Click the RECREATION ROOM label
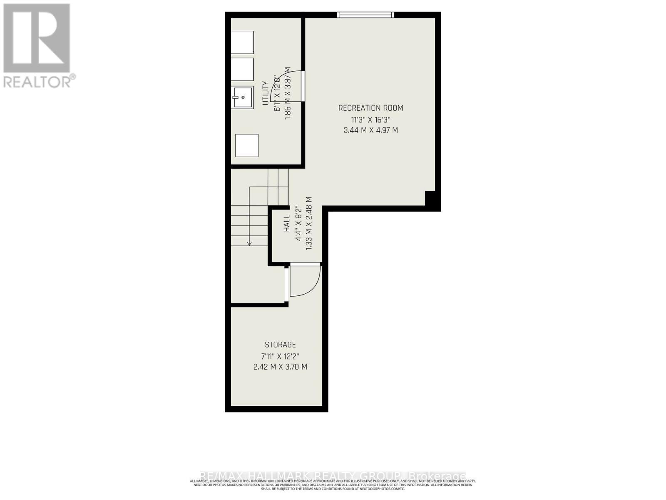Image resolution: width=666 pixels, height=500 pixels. point(370,108)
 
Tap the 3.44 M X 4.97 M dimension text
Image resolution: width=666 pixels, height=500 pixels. point(370,130)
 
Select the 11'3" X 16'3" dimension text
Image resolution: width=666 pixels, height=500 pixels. point(370,120)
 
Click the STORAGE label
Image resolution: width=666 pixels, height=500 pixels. point(280,345)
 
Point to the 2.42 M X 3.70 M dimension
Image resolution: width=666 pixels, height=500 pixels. point(280,367)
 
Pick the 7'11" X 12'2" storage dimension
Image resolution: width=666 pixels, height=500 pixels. point(280,356)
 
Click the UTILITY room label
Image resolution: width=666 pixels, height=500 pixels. point(265,93)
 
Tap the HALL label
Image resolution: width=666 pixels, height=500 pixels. point(287,224)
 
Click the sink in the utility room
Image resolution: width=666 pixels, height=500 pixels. point(243,97)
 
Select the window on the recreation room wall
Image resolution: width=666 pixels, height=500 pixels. point(365,15)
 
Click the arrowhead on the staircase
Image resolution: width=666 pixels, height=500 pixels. point(249,243)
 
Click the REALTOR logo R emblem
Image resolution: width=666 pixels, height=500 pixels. point(37,38)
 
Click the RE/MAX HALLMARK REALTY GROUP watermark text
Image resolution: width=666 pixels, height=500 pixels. point(333,476)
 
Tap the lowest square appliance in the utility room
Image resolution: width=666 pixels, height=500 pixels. point(247,145)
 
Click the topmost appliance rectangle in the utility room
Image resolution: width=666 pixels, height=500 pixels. point(242,42)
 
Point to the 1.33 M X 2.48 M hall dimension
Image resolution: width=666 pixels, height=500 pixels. point(309,224)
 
